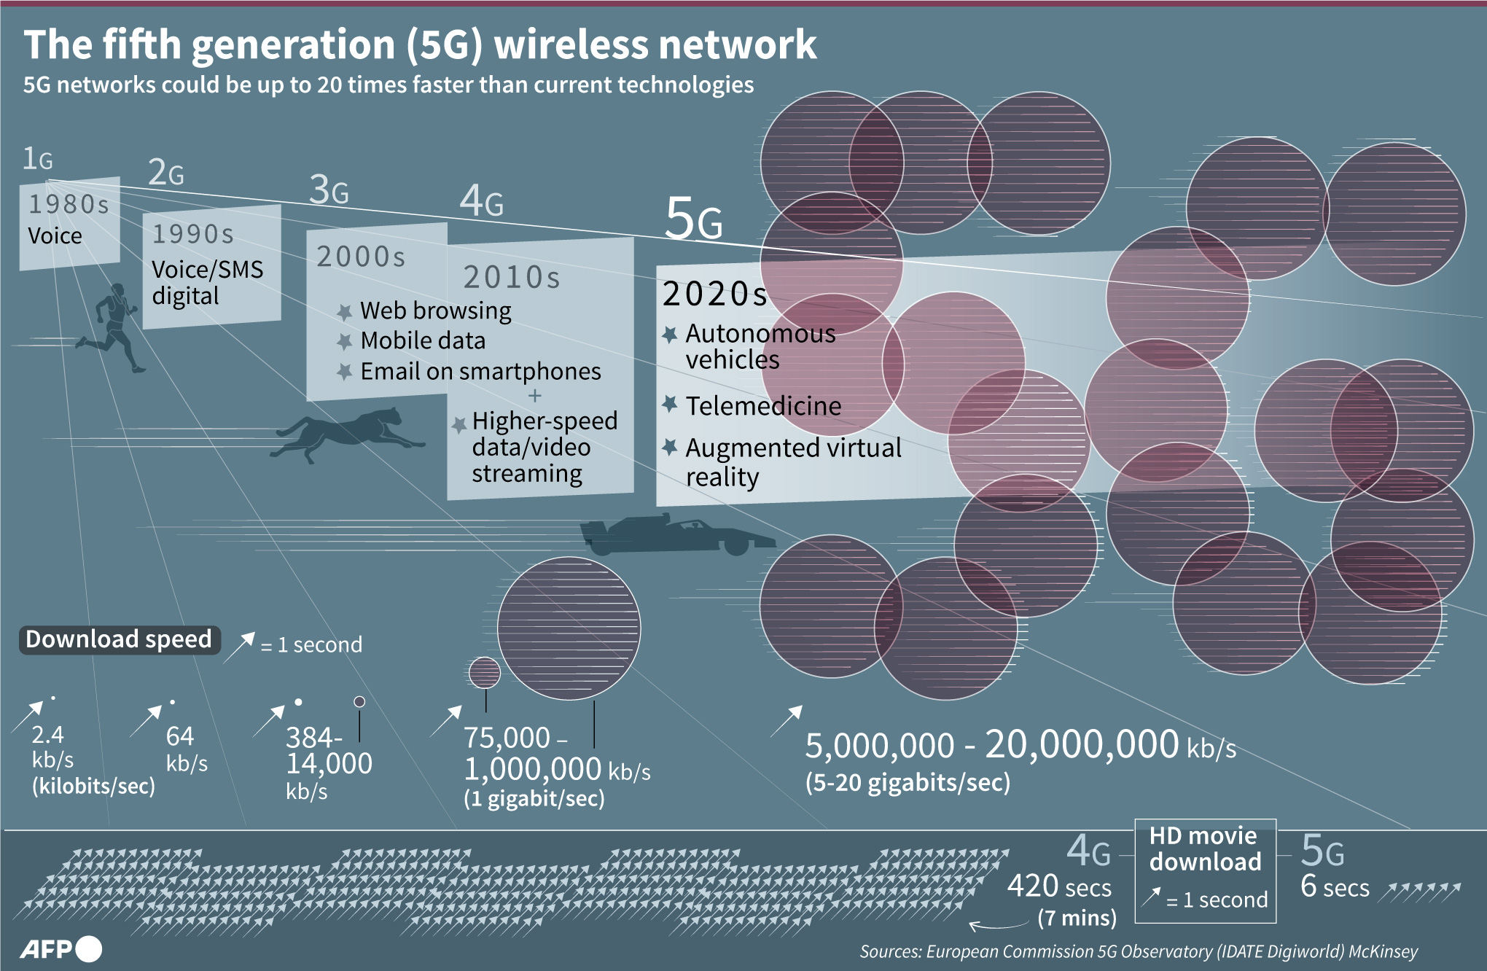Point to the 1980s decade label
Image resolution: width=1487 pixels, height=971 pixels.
[69, 205]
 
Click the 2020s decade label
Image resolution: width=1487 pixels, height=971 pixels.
[714, 294]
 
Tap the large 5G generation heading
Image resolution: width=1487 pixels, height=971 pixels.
[693, 219]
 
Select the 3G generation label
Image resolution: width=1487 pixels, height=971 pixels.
[329, 190]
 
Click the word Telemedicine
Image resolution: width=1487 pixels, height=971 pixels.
[763, 406]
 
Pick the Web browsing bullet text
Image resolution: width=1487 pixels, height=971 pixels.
[435, 311]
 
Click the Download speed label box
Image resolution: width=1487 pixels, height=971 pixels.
[119, 639]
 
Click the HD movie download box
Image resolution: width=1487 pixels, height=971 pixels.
[1205, 870]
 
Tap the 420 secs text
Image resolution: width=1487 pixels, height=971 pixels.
[1058, 887]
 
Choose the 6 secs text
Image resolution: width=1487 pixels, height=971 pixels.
[1334, 887]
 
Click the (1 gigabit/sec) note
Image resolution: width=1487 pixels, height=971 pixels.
[534, 798]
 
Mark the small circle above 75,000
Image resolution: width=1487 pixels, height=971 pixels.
[484, 672]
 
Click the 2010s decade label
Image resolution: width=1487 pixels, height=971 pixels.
[511, 278]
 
